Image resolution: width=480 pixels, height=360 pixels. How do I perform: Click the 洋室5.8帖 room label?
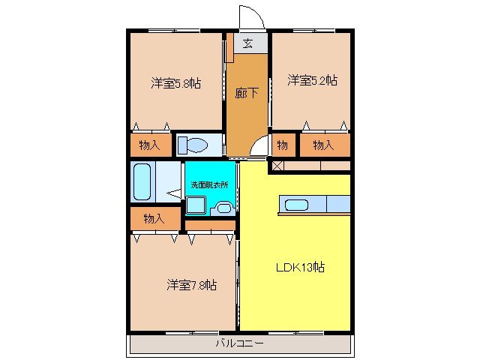[x=176, y=83]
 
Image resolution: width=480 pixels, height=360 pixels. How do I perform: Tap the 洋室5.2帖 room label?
[x=313, y=80]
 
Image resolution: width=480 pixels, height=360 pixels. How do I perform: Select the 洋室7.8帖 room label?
[x=192, y=285]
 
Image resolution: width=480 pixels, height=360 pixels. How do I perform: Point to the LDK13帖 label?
[x=300, y=267]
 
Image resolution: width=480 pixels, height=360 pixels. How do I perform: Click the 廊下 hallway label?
[x=247, y=93]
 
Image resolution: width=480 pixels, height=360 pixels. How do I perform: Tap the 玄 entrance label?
[x=248, y=43]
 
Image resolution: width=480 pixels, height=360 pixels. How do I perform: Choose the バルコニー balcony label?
[x=239, y=343]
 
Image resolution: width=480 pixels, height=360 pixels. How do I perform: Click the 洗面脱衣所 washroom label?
[x=210, y=185]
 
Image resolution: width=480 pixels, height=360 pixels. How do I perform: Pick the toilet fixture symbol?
[x=193, y=145]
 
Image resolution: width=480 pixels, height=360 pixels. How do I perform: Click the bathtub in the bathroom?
[x=142, y=181]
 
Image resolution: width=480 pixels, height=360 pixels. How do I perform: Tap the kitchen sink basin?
[x=296, y=205]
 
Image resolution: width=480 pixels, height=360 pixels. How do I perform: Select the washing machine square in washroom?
[x=196, y=205]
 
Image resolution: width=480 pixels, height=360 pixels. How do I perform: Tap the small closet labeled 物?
[x=282, y=145]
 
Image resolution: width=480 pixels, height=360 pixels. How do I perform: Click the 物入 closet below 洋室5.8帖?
[x=150, y=145]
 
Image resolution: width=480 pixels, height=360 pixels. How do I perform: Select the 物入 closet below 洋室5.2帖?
[x=323, y=145]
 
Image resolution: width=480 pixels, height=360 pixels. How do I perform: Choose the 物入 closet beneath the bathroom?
[x=154, y=218]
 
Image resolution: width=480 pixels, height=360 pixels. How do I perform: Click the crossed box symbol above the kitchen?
[x=277, y=166]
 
